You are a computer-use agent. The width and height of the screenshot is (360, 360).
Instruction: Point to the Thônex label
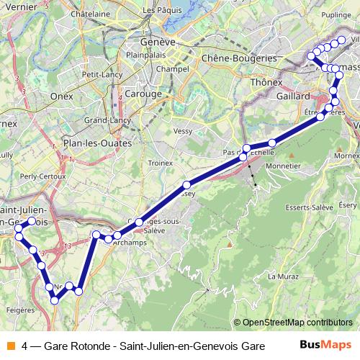(264, 83)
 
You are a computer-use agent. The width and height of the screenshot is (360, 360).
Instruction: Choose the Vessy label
(184, 131)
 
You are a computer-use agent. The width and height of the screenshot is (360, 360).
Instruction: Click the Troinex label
(160, 163)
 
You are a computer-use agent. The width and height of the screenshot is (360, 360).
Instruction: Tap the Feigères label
(20, 310)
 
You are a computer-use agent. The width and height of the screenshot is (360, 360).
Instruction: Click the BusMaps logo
(325, 345)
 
